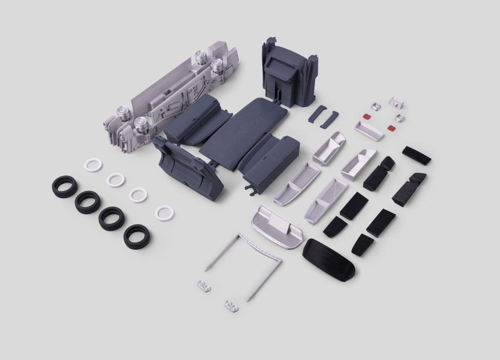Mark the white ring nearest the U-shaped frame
[x=164, y=213]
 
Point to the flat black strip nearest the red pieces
[x=416, y=155]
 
